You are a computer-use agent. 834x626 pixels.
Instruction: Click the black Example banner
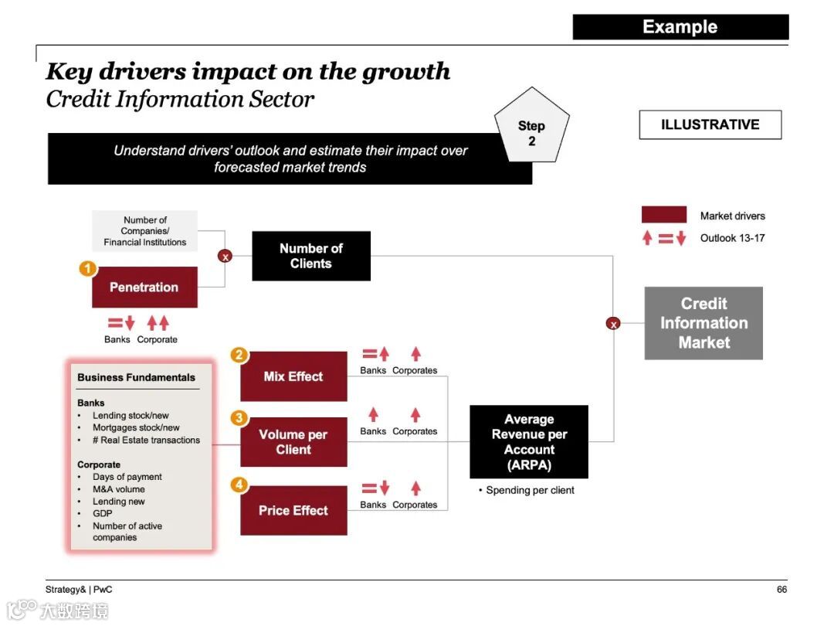tap(680, 27)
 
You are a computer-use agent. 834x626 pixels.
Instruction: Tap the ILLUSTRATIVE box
tap(710, 124)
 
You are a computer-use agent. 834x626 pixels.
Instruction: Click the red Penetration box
tap(144, 287)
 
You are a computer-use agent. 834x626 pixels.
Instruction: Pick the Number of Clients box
tap(311, 256)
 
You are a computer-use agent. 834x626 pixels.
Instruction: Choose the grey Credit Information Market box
tap(703, 323)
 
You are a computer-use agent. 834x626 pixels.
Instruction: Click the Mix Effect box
tap(293, 376)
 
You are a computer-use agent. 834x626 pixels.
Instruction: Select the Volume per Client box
tap(293, 442)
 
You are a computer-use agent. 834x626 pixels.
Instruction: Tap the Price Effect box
tap(293, 510)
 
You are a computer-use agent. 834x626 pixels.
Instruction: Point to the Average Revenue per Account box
tap(529, 442)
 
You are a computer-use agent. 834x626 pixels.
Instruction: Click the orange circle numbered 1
tap(89, 270)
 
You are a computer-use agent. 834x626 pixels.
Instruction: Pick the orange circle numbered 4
tap(240, 485)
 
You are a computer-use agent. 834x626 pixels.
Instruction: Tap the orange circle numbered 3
tap(240, 418)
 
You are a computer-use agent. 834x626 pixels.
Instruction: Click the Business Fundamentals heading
tap(136, 378)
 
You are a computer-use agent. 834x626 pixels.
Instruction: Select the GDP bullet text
tap(103, 514)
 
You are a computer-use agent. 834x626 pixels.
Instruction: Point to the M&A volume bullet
tap(119, 489)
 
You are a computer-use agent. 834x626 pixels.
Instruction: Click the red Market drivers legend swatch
tap(663, 216)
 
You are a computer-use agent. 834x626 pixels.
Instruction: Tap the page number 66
tap(781, 590)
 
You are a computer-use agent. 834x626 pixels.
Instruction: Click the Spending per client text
tap(530, 490)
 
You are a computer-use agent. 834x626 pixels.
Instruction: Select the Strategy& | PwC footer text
tap(79, 590)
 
